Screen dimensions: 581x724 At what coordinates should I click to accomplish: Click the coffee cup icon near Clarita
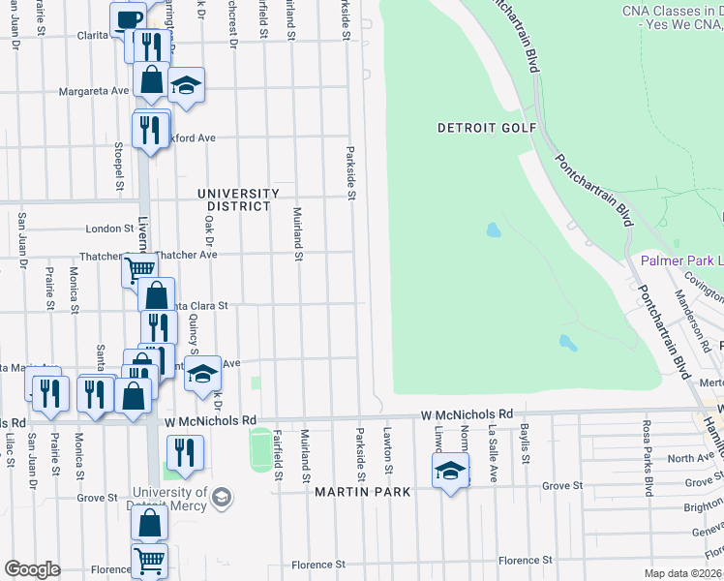[x=127, y=20]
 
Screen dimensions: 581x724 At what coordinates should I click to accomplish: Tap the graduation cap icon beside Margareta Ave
[x=186, y=84]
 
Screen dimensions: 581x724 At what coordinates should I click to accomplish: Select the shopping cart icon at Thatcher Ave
[x=139, y=270]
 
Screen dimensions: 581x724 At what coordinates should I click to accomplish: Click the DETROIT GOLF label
[x=480, y=128]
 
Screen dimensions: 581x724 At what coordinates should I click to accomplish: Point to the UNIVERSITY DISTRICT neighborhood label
[x=234, y=199]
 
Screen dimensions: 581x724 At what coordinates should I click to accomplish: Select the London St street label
[x=107, y=229]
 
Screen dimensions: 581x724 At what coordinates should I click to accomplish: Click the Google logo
[x=32, y=569]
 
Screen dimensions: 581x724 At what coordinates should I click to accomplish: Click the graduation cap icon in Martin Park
[x=450, y=472]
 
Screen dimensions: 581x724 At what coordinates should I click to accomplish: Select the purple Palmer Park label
[x=681, y=261]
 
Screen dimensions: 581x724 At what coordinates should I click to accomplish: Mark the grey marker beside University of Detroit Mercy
[x=222, y=498]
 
